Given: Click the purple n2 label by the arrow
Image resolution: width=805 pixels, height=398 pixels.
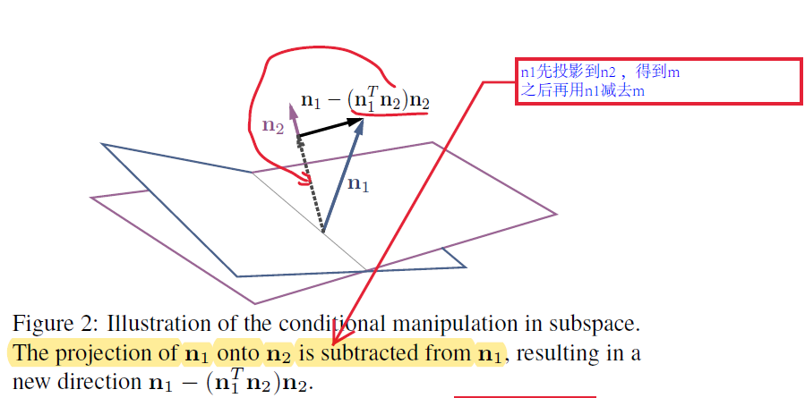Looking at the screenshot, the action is pyautogui.click(x=272, y=126).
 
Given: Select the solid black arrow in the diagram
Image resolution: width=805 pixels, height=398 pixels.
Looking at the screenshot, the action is pyautogui.click(x=330, y=127).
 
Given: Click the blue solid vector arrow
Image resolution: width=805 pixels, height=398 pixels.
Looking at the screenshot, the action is pyautogui.click(x=343, y=178).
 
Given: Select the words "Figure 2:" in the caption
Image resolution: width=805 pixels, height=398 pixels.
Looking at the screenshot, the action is pyautogui.click(x=49, y=322).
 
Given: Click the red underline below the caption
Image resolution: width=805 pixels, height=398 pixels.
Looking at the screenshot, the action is pyautogui.click(x=525, y=395).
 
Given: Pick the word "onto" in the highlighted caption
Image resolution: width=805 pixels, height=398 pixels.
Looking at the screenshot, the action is pyautogui.click(x=238, y=353).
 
